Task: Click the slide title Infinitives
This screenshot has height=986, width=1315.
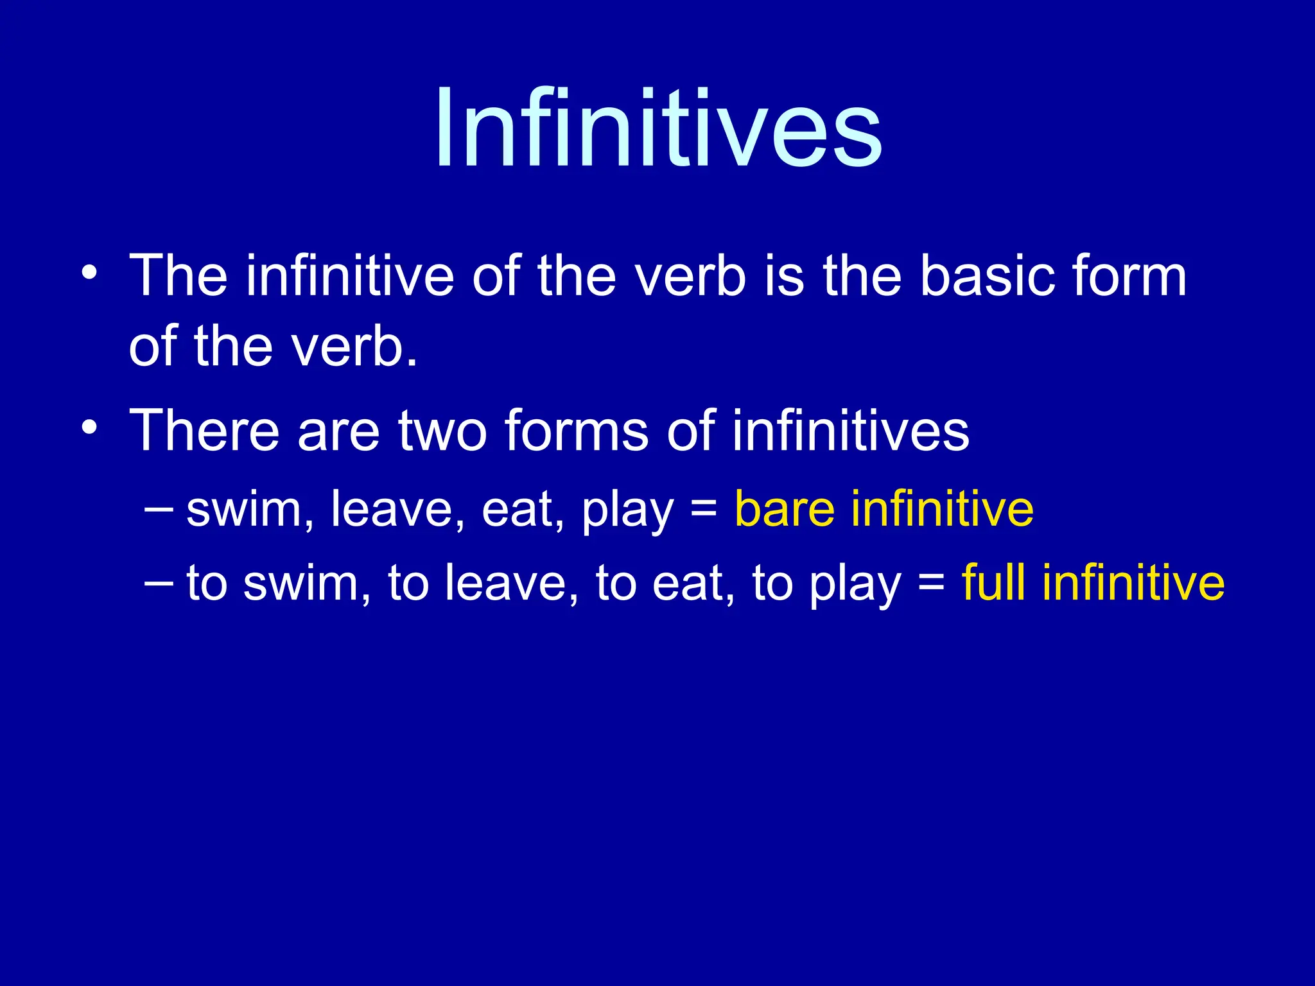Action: (658, 128)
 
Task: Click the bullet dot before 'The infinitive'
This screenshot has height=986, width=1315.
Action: (89, 272)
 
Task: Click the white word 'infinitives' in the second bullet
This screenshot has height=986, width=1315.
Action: (850, 430)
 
